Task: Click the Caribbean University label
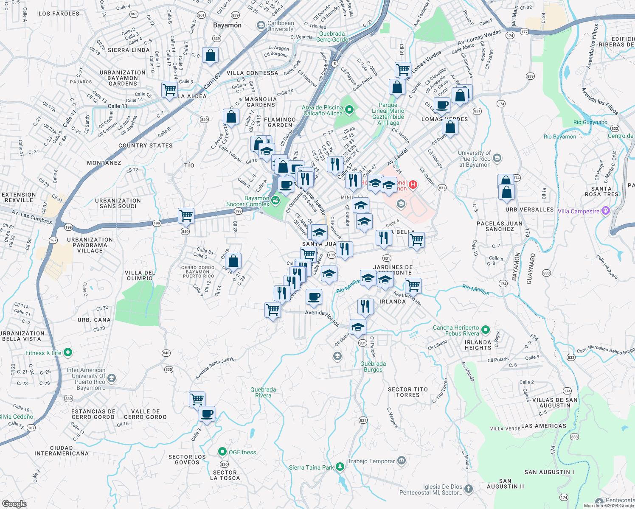(x=281, y=26)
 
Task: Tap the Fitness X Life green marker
(x=67, y=352)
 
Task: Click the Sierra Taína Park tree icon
(x=340, y=467)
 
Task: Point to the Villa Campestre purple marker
(x=606, y=211)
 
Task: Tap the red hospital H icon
(x=413, y=185)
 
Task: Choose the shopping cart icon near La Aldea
(x=169, y=90)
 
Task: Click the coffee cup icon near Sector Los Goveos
(x=207, y=414)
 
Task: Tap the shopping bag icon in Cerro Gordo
(x=233, y=261)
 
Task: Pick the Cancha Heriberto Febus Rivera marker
(x=486, y=330)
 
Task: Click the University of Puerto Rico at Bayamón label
(x=475, y=159)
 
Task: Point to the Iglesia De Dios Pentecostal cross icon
(x=468, y=489)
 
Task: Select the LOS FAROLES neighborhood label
(x=59, y=14)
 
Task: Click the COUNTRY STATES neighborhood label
(x=146, y=145)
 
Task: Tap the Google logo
(x=14, y=503)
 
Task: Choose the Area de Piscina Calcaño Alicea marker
(x=349, y=110)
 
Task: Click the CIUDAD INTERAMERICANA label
(x=62, y=450)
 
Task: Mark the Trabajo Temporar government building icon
(x=402, y=461)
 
